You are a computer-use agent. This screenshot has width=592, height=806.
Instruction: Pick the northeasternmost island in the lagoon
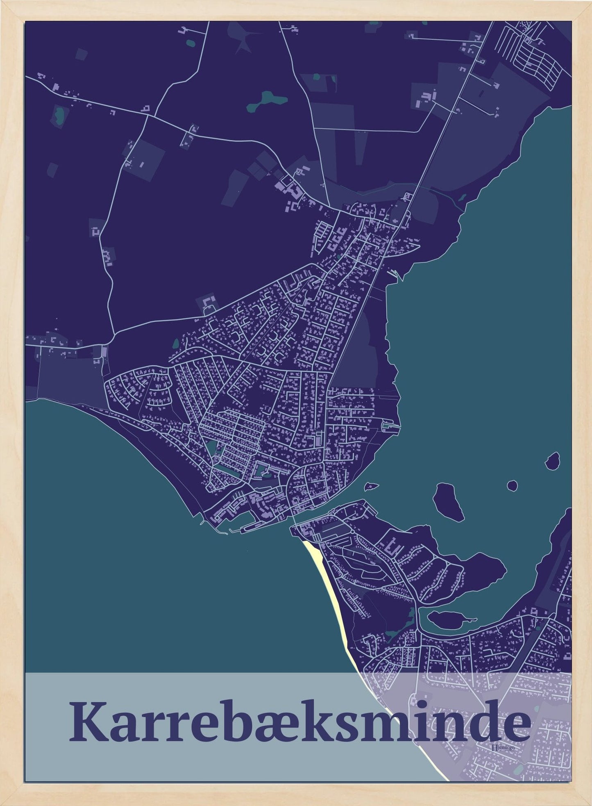[553, 461]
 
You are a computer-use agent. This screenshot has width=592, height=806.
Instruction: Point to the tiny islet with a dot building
[371, 487]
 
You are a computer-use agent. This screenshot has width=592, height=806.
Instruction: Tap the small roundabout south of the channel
[352, 532]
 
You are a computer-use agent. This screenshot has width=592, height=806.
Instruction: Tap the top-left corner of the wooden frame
[3, 3]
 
